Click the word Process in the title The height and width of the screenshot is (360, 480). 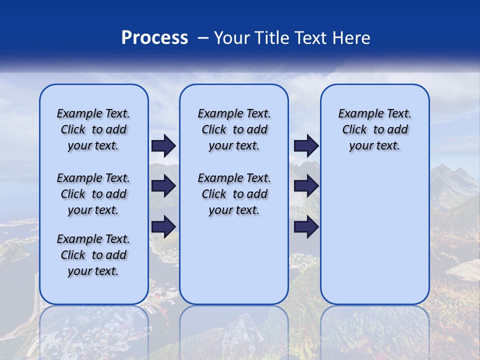154,38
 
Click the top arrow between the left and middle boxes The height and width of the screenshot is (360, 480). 163,145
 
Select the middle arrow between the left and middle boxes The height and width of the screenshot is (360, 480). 163,186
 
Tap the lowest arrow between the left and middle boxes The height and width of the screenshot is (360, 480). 163,226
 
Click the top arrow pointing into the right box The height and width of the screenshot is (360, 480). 306,145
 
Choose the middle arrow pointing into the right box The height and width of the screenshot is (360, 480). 306,186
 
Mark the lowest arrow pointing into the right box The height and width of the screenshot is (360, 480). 306,226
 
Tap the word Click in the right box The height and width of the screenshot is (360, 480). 354,129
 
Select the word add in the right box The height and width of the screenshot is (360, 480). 398,129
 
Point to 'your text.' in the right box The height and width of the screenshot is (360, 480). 374,145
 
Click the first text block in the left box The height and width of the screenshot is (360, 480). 93,129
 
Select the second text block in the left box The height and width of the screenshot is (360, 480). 93,194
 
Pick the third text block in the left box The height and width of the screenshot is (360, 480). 93,255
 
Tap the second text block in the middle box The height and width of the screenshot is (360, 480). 234,194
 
